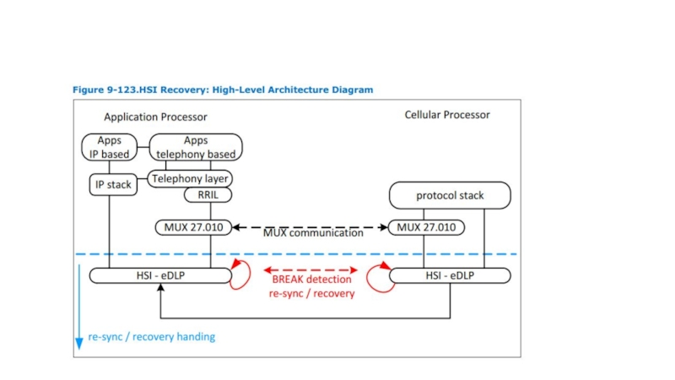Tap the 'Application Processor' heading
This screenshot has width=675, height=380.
click(x=155, y=117)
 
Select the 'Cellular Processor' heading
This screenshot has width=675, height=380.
click(x=447, y=115)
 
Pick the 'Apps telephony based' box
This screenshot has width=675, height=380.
click(x=196, y=148)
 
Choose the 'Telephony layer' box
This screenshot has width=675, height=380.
click(x=191, y=179)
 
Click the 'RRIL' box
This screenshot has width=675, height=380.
click(x=208, y=195)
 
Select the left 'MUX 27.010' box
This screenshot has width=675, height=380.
click(x=194, y=227)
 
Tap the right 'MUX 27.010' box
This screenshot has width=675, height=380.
click(x=426, y=227)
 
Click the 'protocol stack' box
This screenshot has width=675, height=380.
click(x=450, y=196)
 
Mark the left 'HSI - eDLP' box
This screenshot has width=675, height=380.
click(x=160, y=275)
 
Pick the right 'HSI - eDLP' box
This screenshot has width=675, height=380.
click(x=450, y=275)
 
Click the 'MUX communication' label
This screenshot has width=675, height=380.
click(x=313, y=233)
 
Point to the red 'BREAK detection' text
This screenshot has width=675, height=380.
click(x=311, y=280)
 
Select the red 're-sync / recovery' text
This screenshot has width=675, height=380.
click(x=311, y=293)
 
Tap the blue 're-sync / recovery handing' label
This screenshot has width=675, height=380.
click(x=152, y=337)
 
